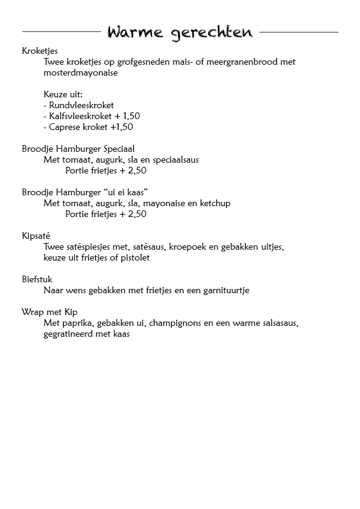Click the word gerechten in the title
coord(212,33)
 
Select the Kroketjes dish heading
coord(39,50)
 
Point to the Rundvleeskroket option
coord(79,105)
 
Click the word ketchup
coord(215,203)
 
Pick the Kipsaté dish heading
coord(38,236)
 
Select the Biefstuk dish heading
coord(37,279)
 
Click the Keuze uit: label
coord(63,94)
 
